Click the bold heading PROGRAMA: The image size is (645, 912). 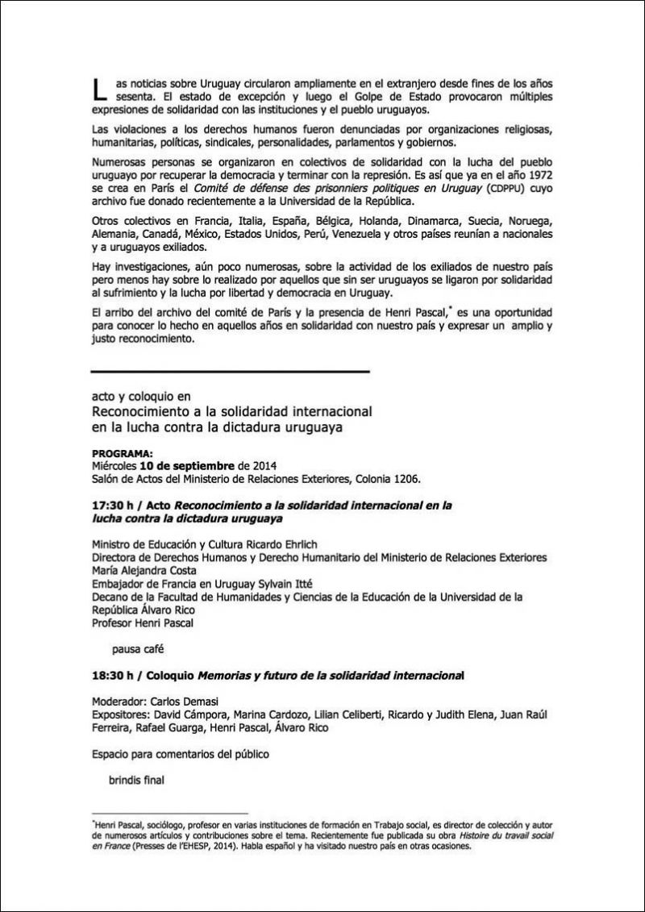coord(123,455)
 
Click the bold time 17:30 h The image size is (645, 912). coord(114,505)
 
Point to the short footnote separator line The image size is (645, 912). coord(170,814)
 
